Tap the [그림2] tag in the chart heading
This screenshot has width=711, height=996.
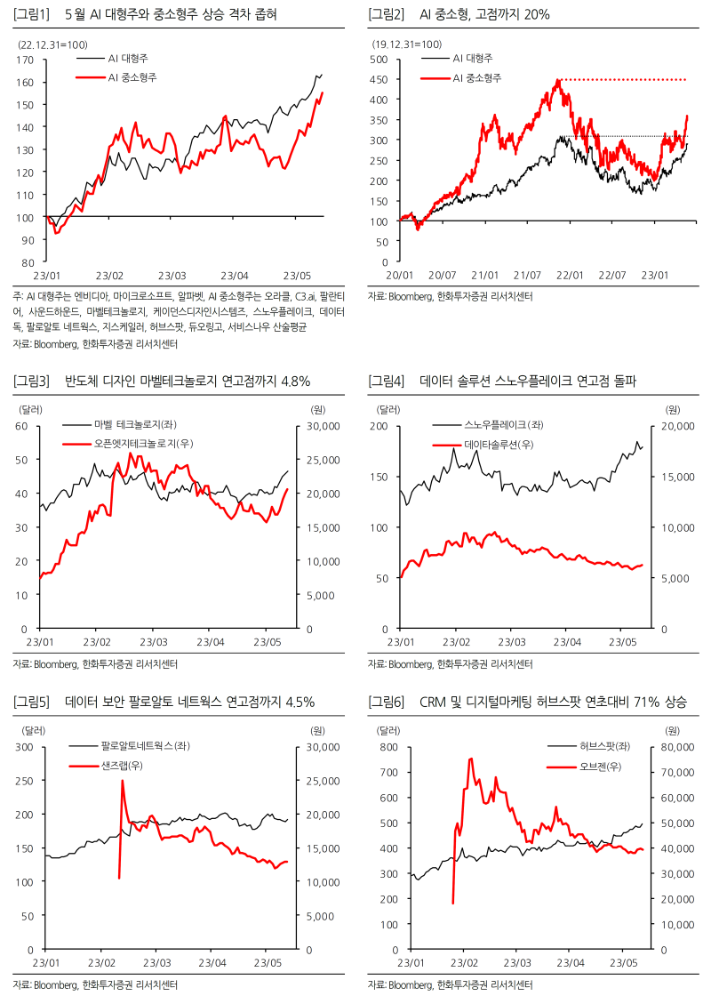[386, 15]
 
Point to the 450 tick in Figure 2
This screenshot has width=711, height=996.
[379, 80]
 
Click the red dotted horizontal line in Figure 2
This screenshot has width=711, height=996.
[622, 80]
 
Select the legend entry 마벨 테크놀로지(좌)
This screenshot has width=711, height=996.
[130, 425]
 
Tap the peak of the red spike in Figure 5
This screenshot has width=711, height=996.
[123, 781]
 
